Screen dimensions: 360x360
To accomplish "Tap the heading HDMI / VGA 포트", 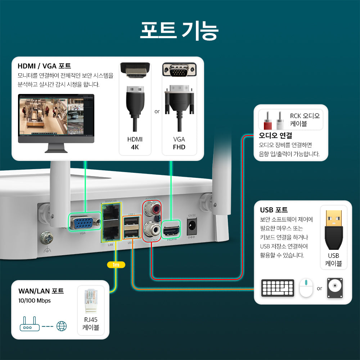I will click(44, 66).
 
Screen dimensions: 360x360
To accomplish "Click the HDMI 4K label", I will click(135, 143).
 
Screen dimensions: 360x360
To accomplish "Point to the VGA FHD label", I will click(179, 143).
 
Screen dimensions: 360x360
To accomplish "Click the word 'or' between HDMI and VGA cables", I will click(157, 112).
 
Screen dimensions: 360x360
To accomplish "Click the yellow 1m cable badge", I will click(116, 265).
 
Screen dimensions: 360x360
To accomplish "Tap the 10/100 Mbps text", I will click(35, 301).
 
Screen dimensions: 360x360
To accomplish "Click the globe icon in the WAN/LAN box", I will click(62, 326).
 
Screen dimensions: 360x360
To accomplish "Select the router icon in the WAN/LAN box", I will click(30, 325).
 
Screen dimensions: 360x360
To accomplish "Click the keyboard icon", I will click(278, 288).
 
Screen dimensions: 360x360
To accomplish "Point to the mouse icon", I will click(306, 288).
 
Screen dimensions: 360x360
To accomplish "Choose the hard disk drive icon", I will click(334, 288).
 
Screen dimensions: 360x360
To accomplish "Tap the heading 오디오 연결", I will click(275, 136).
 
